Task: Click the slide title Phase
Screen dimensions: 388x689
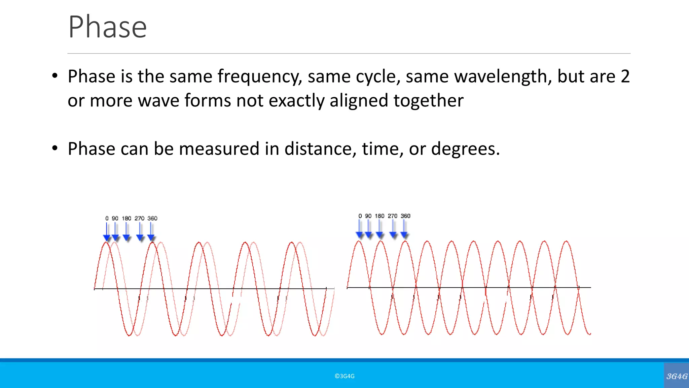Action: [x=107, y=27]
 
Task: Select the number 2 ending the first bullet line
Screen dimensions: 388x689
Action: [x=625, y=76]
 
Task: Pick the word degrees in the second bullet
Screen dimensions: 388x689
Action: [x=465, y=149]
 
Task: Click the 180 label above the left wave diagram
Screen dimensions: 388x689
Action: [x=126, y=218]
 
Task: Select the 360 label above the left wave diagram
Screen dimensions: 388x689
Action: [x=152, y=218]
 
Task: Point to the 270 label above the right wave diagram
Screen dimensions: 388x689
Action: [x=393, y=216]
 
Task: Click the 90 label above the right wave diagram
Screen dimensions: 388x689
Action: [x=368, y=216]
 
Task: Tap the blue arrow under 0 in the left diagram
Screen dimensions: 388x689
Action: [x=107, y=232]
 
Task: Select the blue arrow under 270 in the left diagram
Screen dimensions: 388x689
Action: [x=140, y=232]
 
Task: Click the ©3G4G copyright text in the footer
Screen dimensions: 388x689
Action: [x=344, y=376]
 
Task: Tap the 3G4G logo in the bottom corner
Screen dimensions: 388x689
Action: [x=677, y=376]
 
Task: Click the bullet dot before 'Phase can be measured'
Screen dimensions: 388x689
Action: [x=55, y=148]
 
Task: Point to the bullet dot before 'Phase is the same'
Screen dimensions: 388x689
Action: [x=55, y=76]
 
